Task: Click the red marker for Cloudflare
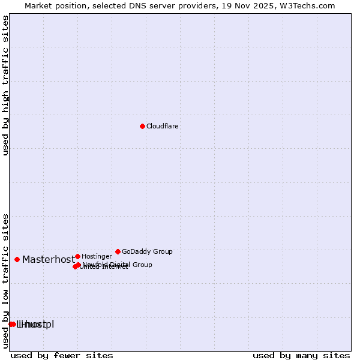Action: pyautogui.click(x=142, y=126)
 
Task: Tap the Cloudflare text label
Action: pyautogui.click(x=163, y=126)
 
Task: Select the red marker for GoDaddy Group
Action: pyautogui.click(x=118, y=251)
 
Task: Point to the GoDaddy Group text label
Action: pyautogui.click(x=147, y=251)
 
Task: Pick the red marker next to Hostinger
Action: pyautogui.click(x=77, y=256)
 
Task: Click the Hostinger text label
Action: pyautogui.click(x=97, y=256)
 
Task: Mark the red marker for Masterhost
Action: pyautogui.click(x=17, y=259)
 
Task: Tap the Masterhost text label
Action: pyautogui.click(x=49, y=259)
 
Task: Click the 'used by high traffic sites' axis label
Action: pyautogui.click(x=6, y=85)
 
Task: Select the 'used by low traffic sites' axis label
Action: pyautogui.click(x=6, y=280)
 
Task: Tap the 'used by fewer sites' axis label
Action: pyautogui.click(x=62, y=355)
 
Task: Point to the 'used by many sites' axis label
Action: pyautogui.click(x=301, y=355)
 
